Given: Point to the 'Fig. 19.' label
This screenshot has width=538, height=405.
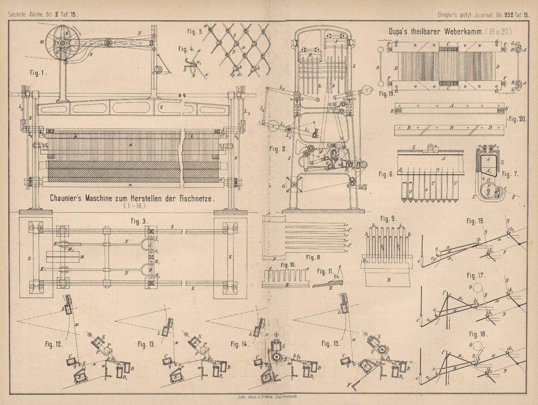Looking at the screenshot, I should click(x=386, y=94).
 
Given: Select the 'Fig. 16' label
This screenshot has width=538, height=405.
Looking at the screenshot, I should click(x=474, y=221).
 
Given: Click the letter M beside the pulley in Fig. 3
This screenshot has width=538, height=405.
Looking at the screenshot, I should click(x=82, y=257).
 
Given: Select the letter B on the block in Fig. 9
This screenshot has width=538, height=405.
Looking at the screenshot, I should click(x=388, y=280).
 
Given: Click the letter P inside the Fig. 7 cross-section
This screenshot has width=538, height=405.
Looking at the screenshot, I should click(x=488, y=186).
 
